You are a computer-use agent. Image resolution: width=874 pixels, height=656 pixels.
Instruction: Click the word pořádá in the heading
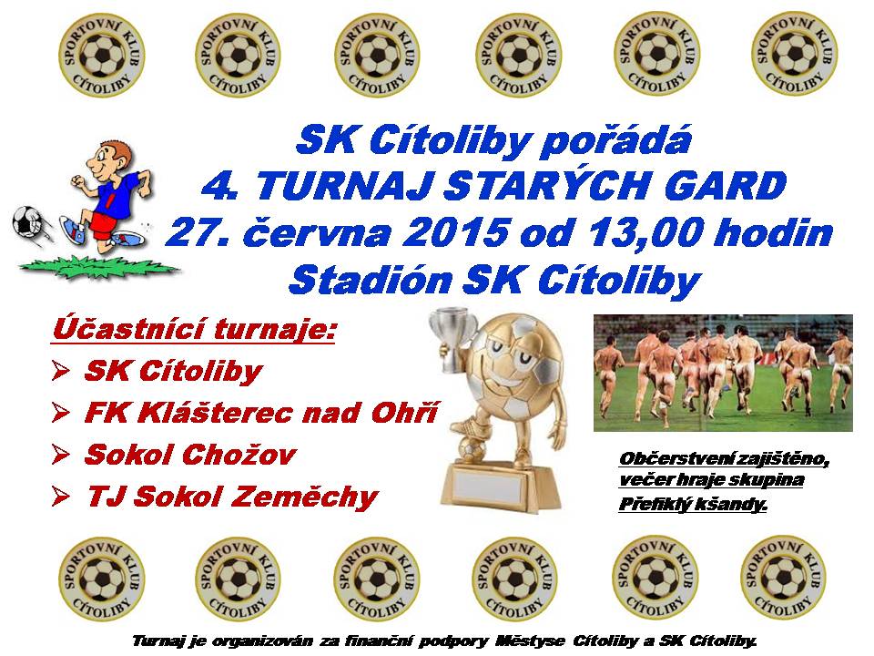(616, 140)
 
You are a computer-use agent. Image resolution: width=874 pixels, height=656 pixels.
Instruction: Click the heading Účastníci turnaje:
(195, 330)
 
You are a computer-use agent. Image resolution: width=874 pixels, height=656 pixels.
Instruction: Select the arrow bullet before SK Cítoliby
(61, 371)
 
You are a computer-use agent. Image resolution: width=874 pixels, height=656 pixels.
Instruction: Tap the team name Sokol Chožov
(190, 455)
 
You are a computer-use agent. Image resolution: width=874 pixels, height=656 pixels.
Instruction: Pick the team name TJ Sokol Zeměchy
(233, 497)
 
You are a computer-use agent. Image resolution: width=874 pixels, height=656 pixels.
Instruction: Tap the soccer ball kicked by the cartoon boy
(28, 225)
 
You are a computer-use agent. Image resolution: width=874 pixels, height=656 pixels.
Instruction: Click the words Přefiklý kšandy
(693, 505)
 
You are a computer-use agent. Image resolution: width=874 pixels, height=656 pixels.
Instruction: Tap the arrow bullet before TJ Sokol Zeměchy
(61, 496)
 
